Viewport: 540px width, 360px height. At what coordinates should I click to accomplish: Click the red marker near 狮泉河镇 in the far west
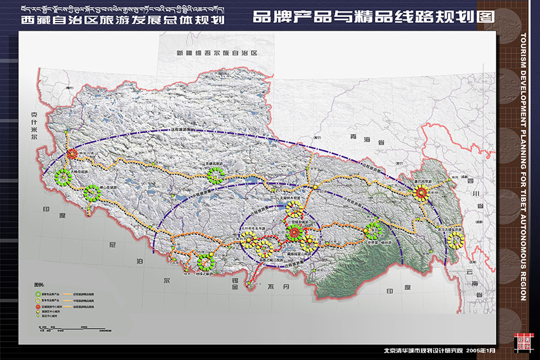(x=72, y=154)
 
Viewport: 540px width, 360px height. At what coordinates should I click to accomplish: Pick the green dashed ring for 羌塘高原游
(x=215, y=177)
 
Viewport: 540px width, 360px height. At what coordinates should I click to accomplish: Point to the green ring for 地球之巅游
(x=204, y=264)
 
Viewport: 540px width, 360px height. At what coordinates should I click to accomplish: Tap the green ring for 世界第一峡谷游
(x=372, y=231)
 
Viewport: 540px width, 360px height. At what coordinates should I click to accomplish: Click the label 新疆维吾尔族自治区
(x=215, y=54)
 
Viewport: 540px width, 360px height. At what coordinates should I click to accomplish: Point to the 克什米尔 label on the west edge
(x=34, y=126)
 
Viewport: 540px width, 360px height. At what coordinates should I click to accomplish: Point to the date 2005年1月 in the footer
(x=480, y=351)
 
